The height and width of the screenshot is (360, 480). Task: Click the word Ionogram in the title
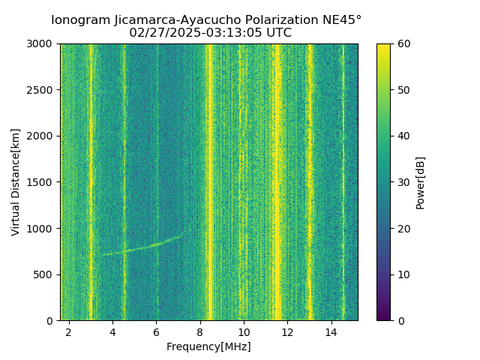point(79,20)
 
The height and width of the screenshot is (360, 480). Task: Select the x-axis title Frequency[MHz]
point(208,346)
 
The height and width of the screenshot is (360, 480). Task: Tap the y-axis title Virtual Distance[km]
point(16,182)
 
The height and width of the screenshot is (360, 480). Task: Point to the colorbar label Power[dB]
point(421,182)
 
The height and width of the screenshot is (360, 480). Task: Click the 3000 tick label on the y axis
point(42,44)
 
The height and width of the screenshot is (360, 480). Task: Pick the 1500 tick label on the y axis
point(42,182)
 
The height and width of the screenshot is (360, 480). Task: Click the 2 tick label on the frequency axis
point(69,331)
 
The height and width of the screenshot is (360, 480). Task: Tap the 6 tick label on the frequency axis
point(156,331)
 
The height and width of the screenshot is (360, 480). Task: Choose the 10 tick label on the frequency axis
point(244,331)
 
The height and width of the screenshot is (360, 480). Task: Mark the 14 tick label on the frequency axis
point(331,331)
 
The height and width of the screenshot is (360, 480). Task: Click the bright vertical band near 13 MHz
point(309,180)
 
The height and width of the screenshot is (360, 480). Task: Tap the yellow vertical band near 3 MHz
point(91,180)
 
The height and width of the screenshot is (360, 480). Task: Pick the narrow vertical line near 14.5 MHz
point(343,180)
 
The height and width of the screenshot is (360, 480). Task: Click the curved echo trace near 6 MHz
point(154,244)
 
